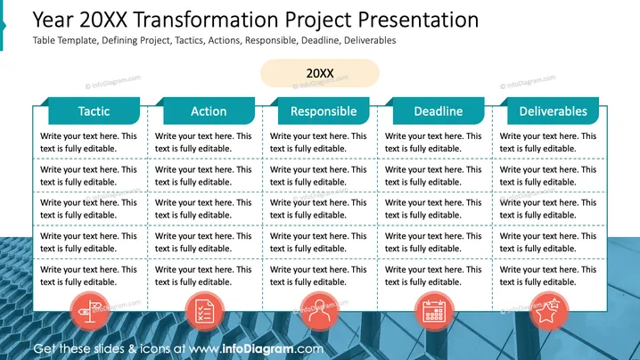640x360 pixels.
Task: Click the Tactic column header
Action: (x=94, y=111)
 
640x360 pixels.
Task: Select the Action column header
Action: (x=209, y=111)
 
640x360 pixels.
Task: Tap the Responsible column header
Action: (x=324, y=111)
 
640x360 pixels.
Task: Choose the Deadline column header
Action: (x=439, y=111)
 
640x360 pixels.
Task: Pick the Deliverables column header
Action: (x=553, y=111)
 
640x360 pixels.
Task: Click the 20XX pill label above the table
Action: (x=320, y=73)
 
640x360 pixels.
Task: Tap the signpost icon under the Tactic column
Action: (x=90, y=312)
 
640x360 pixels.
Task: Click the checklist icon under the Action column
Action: (x=204, y=312)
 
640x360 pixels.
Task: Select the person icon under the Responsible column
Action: (x=319, y=312)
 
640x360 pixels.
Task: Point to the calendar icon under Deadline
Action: (x=434, y=312)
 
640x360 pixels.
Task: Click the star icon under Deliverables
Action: (x=548, y=312)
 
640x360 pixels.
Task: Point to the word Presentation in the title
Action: (x=418, y=20)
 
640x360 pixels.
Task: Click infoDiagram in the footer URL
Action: (x=258, y=349)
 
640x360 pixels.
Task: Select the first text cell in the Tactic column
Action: (x=88, y=142)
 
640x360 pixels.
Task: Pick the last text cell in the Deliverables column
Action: (x=548, y=275)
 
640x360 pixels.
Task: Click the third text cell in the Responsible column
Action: (x=318, y=209)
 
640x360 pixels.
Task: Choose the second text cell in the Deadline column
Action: (x=433, y=176)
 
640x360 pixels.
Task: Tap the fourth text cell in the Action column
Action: (x=203, y=242)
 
